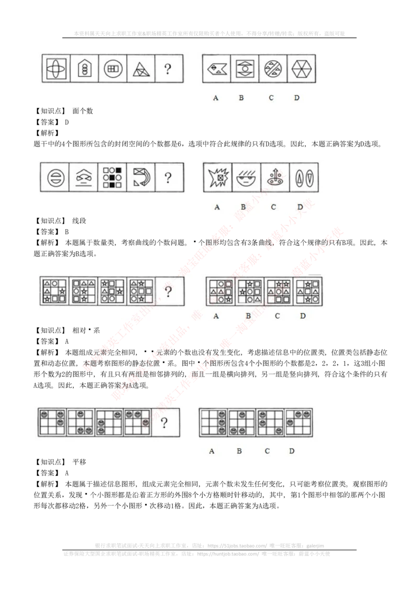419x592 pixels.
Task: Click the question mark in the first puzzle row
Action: click(x=167, y=69)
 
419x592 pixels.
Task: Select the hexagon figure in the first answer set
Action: click(x=301, y=69)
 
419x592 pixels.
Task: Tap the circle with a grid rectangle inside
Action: click(x=113, y=69)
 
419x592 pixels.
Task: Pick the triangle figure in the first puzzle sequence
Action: click(x=140, y=69)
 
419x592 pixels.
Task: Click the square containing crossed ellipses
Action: click(x=56, y=69)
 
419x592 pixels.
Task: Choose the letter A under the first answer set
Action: click(x=216, y=98)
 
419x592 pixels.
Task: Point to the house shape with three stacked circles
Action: click(x=83, y=69)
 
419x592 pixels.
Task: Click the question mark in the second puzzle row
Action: click(x=168, y=178)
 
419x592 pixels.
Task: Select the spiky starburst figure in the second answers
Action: click(x=217, y=178)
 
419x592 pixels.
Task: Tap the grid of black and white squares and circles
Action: click(x=112, y=178)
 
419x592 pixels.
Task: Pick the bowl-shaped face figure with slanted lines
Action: click(x=244, y=178)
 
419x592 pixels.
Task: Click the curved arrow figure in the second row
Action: click(x=140, y=178)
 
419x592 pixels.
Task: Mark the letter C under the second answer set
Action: click(x=273, y=207)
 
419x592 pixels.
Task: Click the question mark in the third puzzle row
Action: click(x=168, y=291)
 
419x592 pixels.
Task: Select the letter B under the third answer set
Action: click(x=248, y=316)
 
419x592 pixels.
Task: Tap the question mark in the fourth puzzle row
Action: click(x=164, y=422)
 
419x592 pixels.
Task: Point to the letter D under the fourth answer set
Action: click(x=292, y=451)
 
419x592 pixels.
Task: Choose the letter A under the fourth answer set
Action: click(x=212, y=451)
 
